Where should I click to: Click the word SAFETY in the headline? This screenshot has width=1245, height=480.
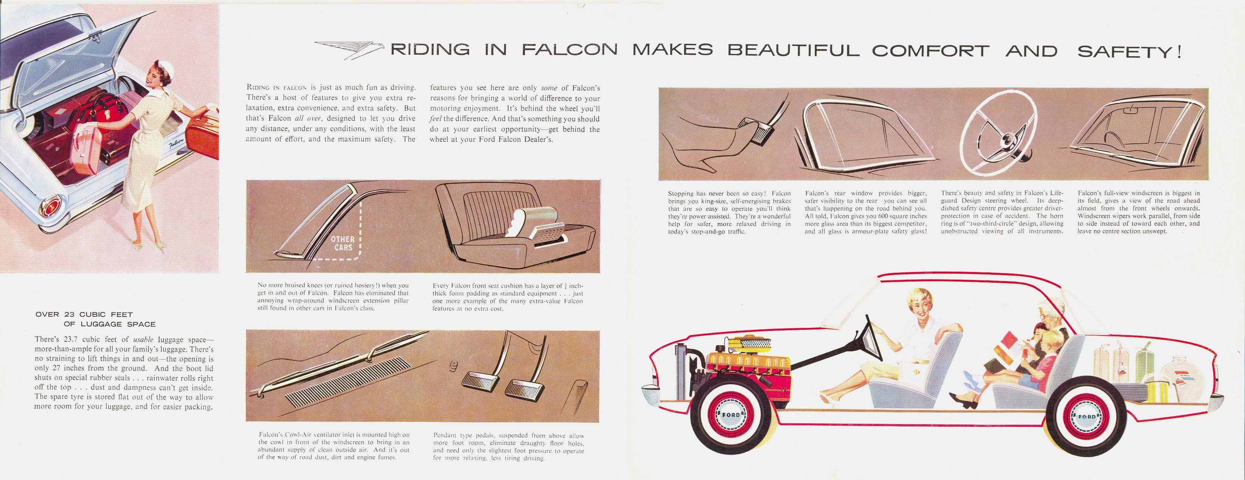pyautogui.click(x=1123, y=51)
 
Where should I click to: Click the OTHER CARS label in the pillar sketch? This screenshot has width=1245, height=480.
pyautogui.click(x=343, y=243)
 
